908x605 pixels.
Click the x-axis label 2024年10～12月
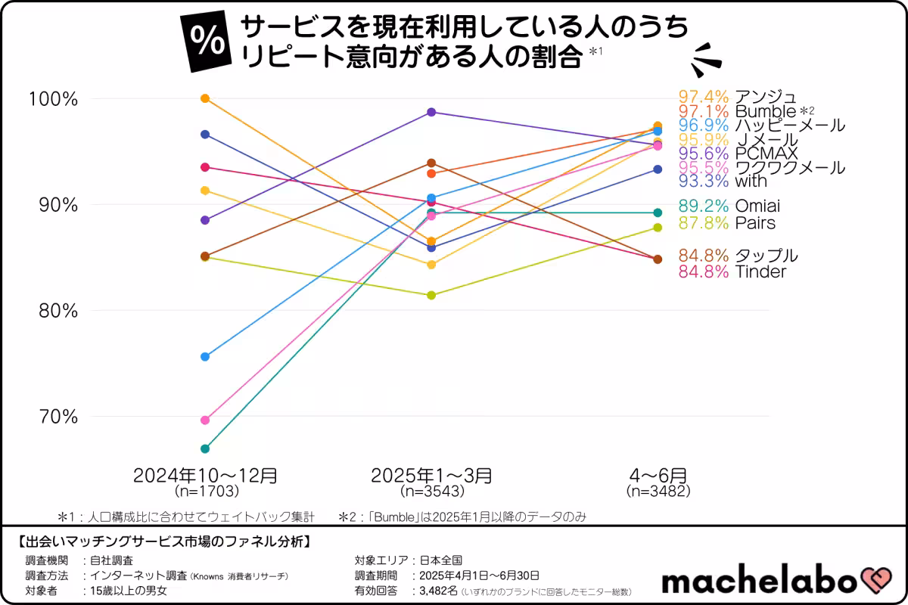tap(205, 476)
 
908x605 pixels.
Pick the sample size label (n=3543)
tap(431, 491)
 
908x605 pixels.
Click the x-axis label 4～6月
tap(658, 476)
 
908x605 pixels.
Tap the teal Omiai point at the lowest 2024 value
tap(205, 448)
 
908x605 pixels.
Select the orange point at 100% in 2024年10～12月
tap(205, 98)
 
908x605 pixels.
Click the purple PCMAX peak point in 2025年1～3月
tap(431, 112)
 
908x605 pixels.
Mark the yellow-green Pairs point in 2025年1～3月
tap(431, 295)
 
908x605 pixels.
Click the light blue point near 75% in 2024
tap(205, 356)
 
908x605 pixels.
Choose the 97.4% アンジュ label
tap(737, 97)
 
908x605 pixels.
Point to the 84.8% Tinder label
tap(732, 271)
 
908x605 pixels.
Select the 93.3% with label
tap(723, 181)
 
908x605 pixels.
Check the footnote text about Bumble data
tap(462, 517)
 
